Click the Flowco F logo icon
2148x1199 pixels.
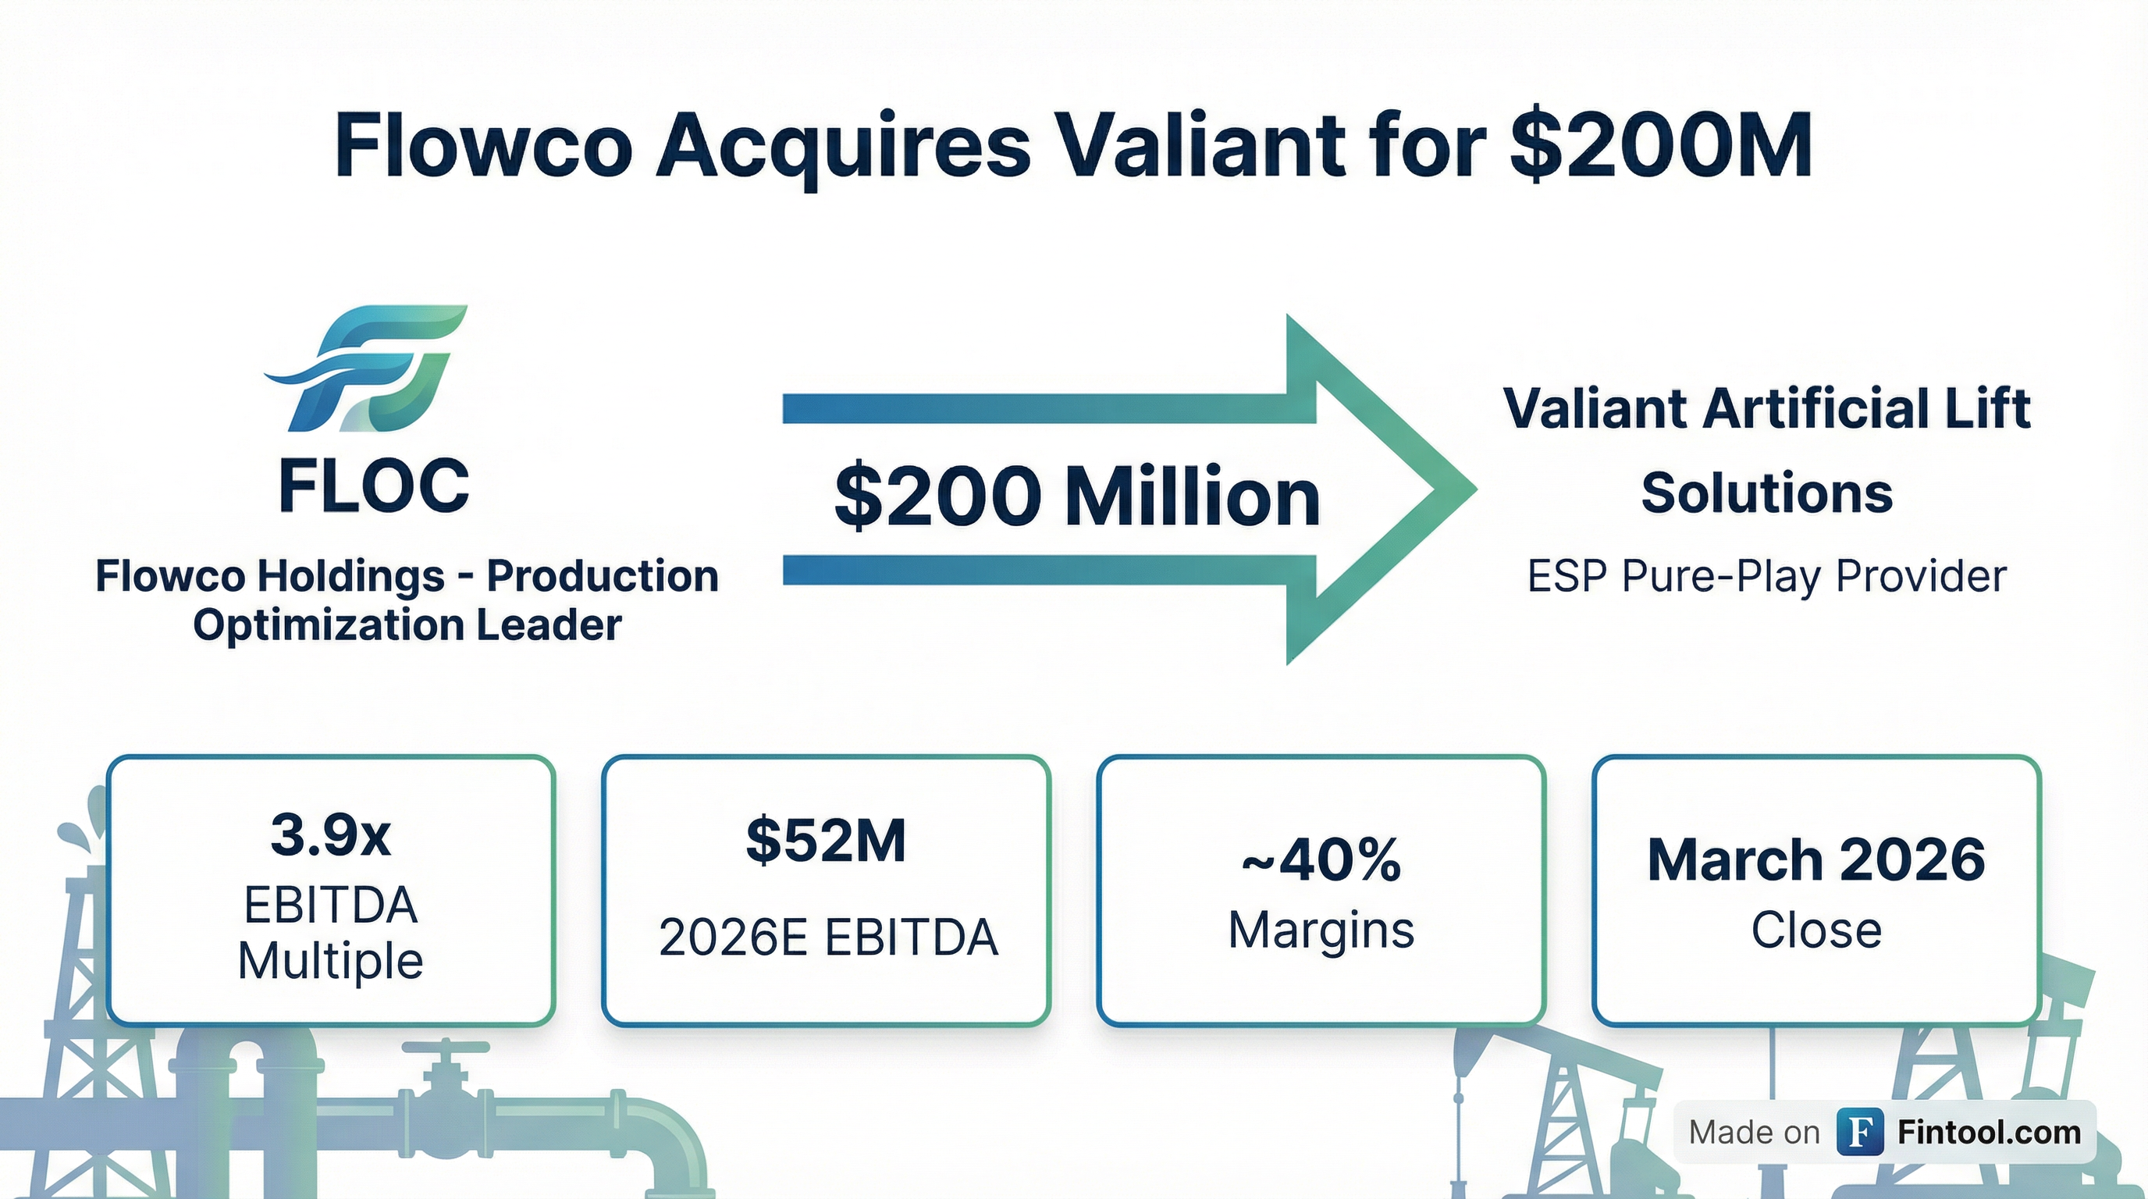(366, 368)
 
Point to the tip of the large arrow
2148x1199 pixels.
(1477, 489)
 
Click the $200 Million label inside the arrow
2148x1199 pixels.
(1076, 497)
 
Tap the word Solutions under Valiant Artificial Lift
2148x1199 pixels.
(1767, 493)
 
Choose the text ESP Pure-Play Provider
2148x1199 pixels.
(1767, 576)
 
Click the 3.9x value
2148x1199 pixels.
(331, 834)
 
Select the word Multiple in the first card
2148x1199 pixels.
(331, 962)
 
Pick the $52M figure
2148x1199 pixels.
(826, 841)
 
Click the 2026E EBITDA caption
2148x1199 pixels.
(828, 937)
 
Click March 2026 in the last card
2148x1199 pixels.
(1816, 859)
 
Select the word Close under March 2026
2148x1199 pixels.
(1816, 930)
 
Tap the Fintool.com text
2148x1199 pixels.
(1989, 1133)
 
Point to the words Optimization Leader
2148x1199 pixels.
(407, 624)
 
